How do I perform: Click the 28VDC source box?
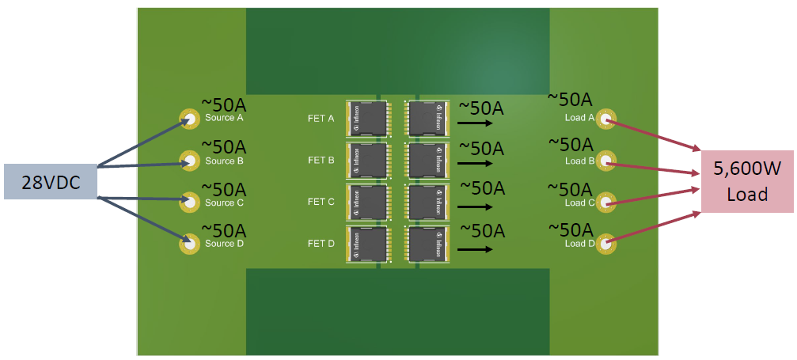[50, 182]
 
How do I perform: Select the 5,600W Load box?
[747, 181]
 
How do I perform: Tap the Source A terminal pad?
[190, 119]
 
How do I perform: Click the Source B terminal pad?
[190, 161]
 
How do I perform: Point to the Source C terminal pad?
[190, 203]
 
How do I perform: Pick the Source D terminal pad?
[190, 243]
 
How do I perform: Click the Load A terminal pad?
[606, 119]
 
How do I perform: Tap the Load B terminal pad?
[606, 161]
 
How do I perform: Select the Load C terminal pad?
[606, 203]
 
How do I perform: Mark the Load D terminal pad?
[606, 243]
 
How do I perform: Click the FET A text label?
[321, 119]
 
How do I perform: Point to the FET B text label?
[321, 161]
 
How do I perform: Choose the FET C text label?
[321, 202]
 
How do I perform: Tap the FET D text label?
[321, 244]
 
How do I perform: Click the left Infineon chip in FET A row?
[366, 117]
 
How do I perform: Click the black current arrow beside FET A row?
[473, 123]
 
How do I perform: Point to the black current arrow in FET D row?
[473, 249]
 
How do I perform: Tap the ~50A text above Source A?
[224, 104]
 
